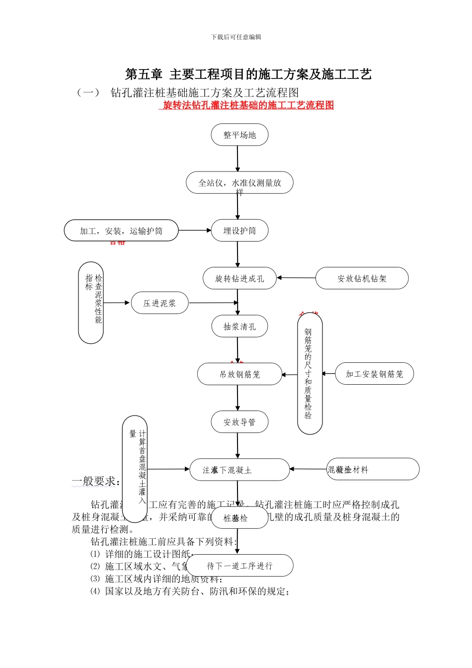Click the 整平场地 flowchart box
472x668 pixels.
tap(239, 135)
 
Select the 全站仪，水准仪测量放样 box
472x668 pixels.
tap(239, 183)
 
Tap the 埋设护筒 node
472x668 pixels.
tap(239, 231)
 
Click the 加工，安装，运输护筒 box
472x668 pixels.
tap(121, 231)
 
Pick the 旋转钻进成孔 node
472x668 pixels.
tap(239, 278)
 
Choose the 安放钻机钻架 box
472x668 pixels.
tap(362, 278)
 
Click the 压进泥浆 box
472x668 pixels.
tap(159, 303)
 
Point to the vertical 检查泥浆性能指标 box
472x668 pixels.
tap(91, 303)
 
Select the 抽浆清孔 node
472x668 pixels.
tap(239, 327)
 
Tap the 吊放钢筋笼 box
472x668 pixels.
tap(239, 374)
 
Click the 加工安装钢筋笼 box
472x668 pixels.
tap(374, 374)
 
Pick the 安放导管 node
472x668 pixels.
tap(239, 422)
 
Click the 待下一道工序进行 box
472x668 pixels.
tap(239, 566)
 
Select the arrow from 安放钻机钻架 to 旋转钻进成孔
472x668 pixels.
tap(296, 278)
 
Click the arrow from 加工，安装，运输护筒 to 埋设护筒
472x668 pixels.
tap(195, 230)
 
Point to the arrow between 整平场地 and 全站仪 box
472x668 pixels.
tap(237, 159)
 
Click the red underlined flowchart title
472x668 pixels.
tap(248, 105)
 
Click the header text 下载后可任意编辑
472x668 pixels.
tap(236, 37)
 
